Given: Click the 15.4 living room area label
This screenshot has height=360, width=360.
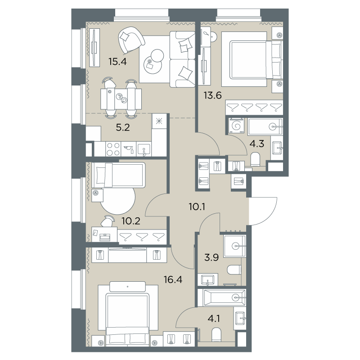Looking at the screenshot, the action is click(x=117, y=62).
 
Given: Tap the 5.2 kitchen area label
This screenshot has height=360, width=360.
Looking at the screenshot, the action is click(x=123, y=127).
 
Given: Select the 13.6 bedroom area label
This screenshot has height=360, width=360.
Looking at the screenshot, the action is click(x=213, y=95).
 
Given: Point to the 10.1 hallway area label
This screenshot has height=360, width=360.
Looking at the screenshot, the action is click(x=197, y=207).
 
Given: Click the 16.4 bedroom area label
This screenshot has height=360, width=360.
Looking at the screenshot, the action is click(x=173, y=279).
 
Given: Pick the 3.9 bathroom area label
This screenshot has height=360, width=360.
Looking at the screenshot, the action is click(x=211, y=257).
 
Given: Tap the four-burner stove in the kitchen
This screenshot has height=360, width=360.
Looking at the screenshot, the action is click(x=113, y=149).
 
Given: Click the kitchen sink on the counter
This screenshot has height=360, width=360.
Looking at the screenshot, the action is click(x=144, y=149).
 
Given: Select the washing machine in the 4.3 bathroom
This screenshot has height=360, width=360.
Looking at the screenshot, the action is click(x=236, y=126).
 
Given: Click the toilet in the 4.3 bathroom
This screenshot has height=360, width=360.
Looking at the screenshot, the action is click(x=255, y=159).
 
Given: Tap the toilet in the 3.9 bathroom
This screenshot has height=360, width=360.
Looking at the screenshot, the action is click(x=234, y=270).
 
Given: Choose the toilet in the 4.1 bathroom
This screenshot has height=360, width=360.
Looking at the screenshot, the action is click(x=216, y=334).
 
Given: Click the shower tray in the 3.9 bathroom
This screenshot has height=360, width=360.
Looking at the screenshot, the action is click(x=234, y=246).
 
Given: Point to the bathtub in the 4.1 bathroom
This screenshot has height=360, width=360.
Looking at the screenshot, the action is click(x=221, y=298).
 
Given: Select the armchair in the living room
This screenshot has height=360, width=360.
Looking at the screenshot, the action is click(x=131, y=40).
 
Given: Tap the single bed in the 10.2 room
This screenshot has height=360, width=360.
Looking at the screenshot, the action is click(x=118, y=175).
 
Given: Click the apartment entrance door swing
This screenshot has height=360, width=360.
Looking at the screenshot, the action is click(x=263, y=211).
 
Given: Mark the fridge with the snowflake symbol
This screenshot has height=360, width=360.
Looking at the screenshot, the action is click(x=159, y=121).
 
